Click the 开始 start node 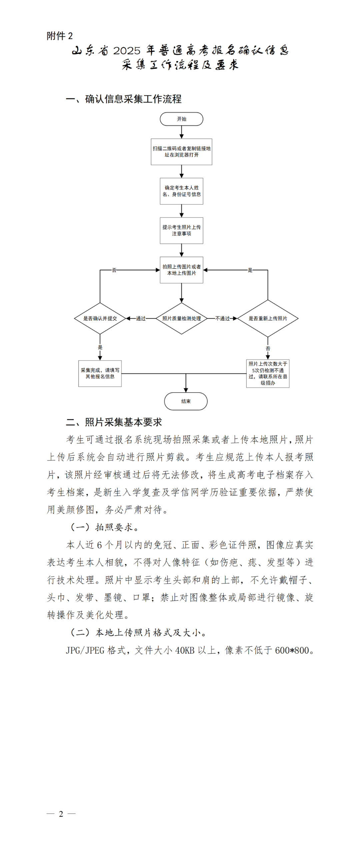pos(181,119)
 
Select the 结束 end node pos(186,401)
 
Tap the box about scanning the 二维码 pos(181,152)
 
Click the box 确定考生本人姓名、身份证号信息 pos(181,191)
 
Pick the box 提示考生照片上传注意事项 pos(181,230)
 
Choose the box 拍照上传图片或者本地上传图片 pos(181,270)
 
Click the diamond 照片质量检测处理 pos(181,318)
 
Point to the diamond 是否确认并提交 pos(100,318)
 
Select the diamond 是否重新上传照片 pos(268,318)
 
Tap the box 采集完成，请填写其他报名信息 pos(100,373)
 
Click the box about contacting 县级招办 pos(268,373)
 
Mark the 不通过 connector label pos(222,318)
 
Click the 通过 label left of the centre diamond pos(141,318)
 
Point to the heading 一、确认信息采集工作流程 pos(124,99)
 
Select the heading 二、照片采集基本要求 pos(114,422)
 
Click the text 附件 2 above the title pos(60,36)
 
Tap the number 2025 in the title pos(127,51)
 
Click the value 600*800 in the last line pos(292,650)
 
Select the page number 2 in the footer pos(61,814)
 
